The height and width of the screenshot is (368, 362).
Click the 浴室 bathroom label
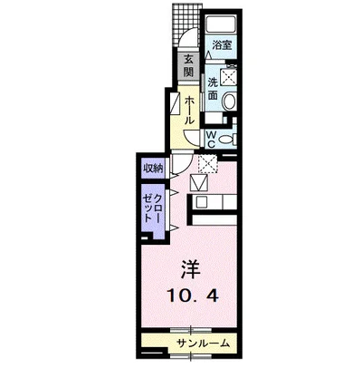point(222,45)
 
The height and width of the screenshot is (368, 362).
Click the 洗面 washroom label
point(213,90)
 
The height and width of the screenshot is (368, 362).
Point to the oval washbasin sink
point(230,101)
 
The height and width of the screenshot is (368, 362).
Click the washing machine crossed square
point(228,77)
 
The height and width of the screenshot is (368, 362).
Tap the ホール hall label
point(189,110)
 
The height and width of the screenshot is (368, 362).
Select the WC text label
point(212,139)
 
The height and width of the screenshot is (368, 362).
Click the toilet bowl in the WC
point(227,140)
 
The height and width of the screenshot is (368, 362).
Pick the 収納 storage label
point(153,168)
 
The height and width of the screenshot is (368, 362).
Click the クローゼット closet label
point(153,208)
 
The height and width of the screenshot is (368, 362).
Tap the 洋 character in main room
point(191,269)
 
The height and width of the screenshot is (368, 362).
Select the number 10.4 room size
point(192,295)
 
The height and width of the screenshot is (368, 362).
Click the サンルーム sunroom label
point(204,344)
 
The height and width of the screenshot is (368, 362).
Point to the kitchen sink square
point(201,201)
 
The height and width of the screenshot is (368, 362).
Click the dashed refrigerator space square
point(207,164)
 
